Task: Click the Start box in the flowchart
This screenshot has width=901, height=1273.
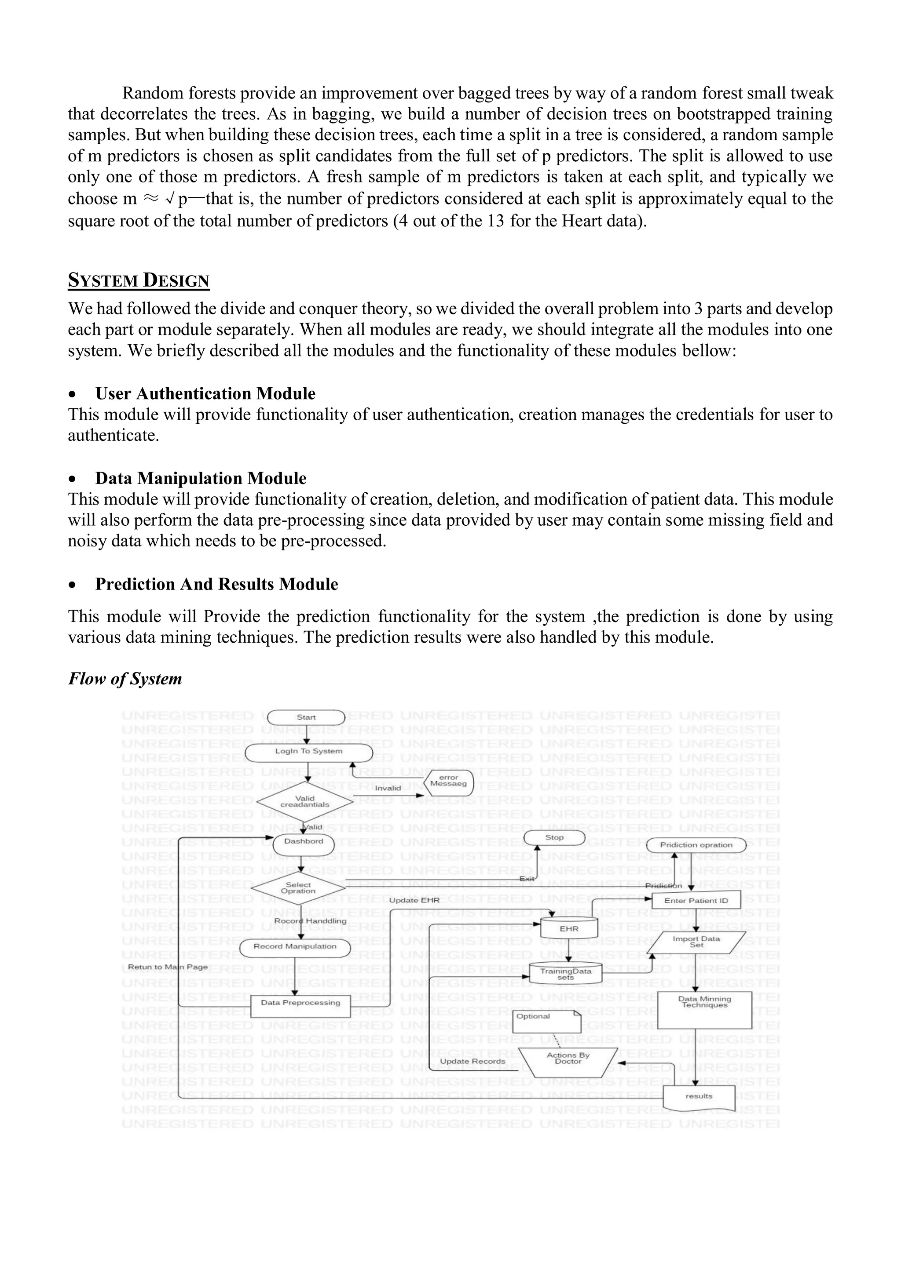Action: click(306, 717)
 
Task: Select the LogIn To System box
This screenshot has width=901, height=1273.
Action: click(308, 752)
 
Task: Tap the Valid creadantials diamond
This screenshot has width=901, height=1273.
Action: click(304, 802)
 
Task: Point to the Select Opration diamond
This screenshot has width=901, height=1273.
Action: click(298, 888)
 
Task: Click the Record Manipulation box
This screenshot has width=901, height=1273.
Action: click(295, 947)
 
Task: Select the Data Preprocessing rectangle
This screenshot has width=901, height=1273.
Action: click(301, 1004)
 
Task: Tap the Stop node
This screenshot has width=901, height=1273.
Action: click(554, 838)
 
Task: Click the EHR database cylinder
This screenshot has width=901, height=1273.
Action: click(569, 929)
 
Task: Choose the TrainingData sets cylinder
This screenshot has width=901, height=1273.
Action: click(565, 974)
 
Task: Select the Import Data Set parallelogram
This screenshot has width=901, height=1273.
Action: click(696, 942)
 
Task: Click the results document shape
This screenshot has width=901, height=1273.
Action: click(699, 1097)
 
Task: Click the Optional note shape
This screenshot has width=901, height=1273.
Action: click(546, 1021)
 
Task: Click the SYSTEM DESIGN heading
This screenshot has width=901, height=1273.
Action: click(138, 280)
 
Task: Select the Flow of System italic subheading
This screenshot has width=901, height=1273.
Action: click(125, 679)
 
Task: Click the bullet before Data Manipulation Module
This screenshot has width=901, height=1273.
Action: click(72, 479)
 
